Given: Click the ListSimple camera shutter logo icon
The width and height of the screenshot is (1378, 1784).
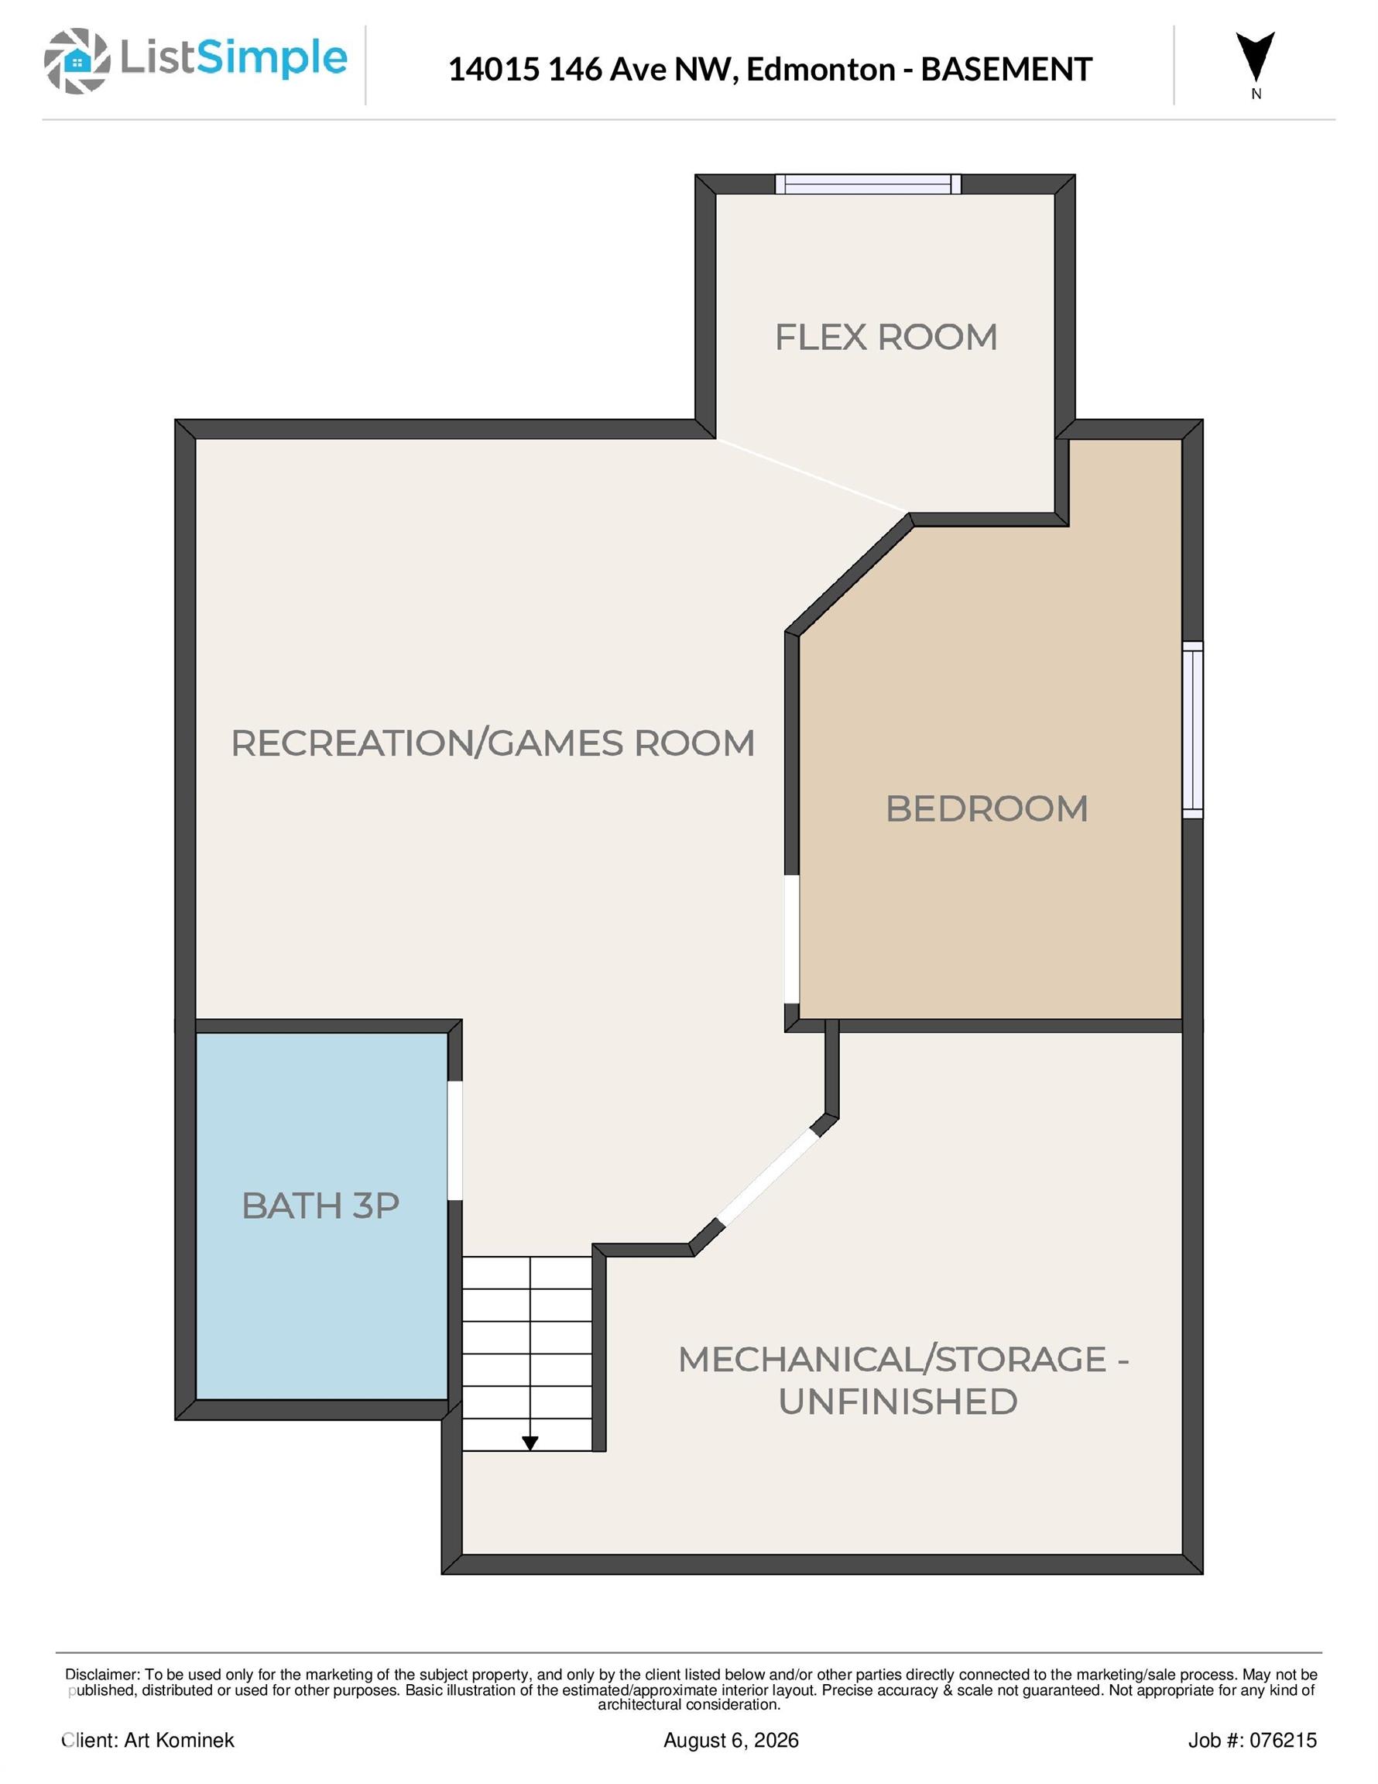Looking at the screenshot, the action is point(77,60).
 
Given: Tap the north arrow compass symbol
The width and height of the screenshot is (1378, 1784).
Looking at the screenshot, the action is point(1256,57).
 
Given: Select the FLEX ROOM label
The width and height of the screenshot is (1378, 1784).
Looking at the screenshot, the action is point(886,338).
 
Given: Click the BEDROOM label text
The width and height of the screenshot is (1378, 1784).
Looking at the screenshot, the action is point(987,808).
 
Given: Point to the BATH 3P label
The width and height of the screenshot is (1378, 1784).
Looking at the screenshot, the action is point(321,1206).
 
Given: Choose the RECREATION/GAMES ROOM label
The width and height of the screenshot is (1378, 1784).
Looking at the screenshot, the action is point(492,743).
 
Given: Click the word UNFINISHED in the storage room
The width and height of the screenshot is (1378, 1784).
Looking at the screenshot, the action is point(898,1401).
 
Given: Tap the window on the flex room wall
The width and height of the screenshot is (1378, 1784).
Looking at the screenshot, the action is point(869,184).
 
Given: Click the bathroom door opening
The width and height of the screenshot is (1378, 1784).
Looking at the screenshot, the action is point(455,1141).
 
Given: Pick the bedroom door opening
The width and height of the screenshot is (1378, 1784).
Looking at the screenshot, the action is point(791,939).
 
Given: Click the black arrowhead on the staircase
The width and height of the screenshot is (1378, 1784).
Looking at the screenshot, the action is point(530,1443).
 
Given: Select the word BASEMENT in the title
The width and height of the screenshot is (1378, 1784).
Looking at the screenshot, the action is point(1006,70).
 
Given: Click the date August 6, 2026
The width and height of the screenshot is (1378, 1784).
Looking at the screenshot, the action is point(731,1741).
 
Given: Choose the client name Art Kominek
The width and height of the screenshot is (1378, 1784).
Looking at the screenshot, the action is point(179,1741).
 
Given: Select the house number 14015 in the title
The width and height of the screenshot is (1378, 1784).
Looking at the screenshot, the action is point(494,70).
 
